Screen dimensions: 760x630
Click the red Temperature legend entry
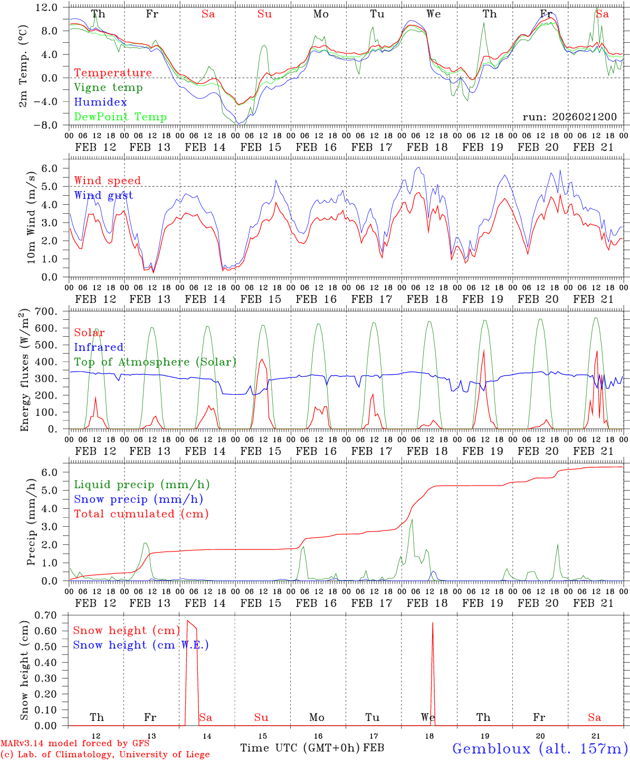tap(112, 73)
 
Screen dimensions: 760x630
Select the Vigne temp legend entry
tap(108, 88)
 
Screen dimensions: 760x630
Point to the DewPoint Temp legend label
tap(120, 117)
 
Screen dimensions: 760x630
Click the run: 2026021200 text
tap(569, 117)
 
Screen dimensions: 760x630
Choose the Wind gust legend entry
tap(103, 195)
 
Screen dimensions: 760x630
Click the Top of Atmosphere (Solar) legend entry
tap(155, 362)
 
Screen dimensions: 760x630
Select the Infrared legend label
tap(99, 347)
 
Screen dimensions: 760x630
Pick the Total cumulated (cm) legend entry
tap(141, 514)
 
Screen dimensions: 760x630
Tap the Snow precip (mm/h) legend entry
tap(138, 499)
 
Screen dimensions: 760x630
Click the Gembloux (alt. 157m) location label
tap(540, 748)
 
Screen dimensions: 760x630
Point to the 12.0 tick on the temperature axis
tap(47, 7)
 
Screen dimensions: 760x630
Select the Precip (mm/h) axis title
tap(31, 522)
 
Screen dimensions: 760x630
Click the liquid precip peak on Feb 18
tap(412, 520)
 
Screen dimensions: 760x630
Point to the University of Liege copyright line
tap(105, 754)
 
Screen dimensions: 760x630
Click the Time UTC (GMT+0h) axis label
tap(300, 748)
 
